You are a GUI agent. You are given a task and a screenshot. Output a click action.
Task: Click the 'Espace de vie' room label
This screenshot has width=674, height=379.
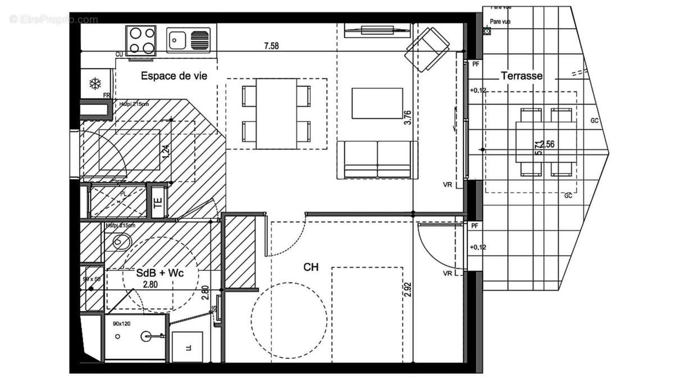(170, 76)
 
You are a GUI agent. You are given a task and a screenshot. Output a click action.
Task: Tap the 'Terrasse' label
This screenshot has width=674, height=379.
(522, 76)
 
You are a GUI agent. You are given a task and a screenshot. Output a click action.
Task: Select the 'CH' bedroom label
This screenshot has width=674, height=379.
(311, 267)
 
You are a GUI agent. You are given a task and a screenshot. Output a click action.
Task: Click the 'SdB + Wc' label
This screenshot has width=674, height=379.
(160, 273)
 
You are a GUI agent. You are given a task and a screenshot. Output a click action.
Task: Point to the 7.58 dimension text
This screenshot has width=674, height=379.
(271, 47)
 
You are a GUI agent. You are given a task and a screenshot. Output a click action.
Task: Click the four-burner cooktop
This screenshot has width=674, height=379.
(140, 40)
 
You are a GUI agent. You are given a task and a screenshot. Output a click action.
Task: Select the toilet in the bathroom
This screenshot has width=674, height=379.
(120, 243)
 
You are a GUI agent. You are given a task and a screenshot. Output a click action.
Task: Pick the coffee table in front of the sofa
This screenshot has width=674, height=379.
(377, 103)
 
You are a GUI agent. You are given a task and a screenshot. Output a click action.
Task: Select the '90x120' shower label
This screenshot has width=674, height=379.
(121, 324)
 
